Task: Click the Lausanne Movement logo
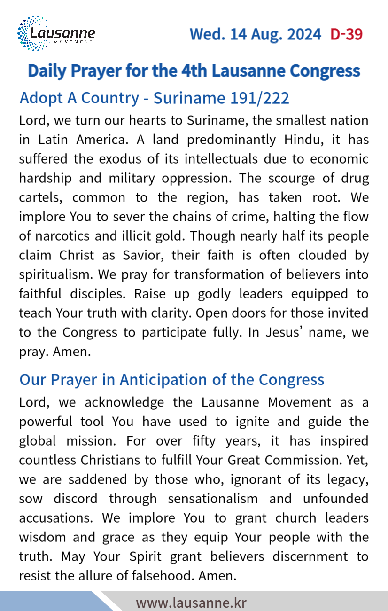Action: (56, 34)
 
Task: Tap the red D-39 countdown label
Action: (347, 34)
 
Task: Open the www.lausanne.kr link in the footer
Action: (191, 603)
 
